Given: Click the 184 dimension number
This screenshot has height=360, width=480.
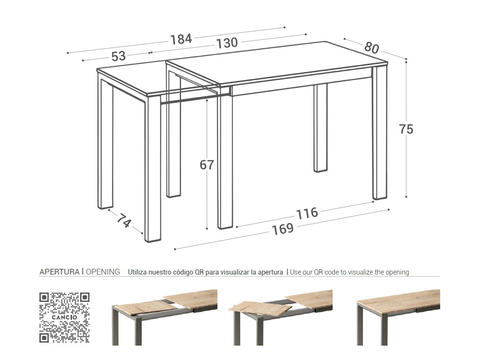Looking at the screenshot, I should click(x=181, y=39).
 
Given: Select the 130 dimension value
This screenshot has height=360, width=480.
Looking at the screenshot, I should click(x=227, y=43).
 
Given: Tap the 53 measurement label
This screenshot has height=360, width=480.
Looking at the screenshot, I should click(x=119, y=56).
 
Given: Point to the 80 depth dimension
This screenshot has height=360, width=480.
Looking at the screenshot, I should click(x=372, y=48).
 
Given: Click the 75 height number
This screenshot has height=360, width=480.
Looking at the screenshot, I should click(x=406, y=129).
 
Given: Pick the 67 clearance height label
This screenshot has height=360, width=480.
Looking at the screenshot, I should click(x=207, y=165).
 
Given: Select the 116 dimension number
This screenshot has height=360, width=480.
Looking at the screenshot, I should click(x=307, y=213).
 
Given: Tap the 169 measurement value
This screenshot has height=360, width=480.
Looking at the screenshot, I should click(x=283, y=229).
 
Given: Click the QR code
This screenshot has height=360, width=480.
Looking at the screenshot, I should click(x=64, y=317).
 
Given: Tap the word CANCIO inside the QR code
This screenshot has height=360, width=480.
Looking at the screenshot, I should click(x=64, y=317).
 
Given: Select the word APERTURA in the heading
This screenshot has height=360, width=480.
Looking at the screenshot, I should click(x=59, y=272).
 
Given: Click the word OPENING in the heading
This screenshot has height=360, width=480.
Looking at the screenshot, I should click(x=103, y=272).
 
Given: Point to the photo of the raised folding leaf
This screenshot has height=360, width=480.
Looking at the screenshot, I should click(x=282, y=317).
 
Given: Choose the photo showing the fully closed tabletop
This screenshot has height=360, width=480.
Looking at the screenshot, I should click(x=398, y=317).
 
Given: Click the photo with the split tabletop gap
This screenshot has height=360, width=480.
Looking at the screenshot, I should click(x=165, y=317).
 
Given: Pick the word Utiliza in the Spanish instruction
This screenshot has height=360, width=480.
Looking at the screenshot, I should click(x=138, y=272).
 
